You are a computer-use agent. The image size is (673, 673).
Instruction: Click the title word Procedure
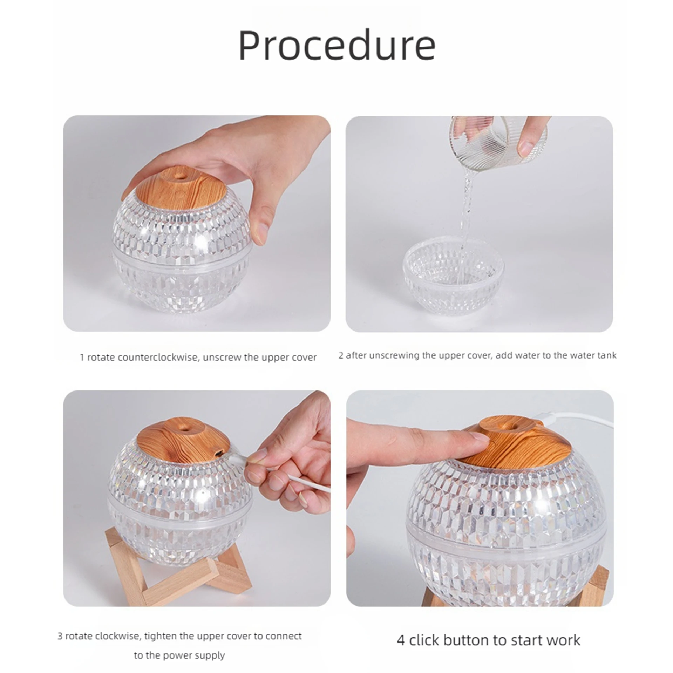[x=337, y=46]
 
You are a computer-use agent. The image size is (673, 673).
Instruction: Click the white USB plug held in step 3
[x=238, y=458]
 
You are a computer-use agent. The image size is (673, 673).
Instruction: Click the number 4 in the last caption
[x=401, y=641]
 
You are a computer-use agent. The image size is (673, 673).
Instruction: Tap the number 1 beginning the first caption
[x=82, y=358]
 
